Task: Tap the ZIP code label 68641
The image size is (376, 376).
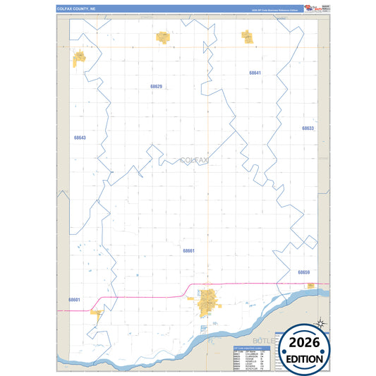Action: (x=255, y=73)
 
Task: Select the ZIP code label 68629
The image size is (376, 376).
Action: (x=157, y=87)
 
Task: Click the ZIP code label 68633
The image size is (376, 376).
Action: (x=308, y=128)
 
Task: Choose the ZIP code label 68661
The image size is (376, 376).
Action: (x=188, y=250)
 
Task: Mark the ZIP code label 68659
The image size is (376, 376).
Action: (x=304, y=272)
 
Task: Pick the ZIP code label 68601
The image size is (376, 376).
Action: (x=74, y=300)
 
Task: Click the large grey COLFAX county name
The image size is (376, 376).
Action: (x=195, y=161)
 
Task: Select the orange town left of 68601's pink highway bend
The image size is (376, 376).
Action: (x=97, y=315)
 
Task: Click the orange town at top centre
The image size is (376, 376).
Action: (x=164, y=37)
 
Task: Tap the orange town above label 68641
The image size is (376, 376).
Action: (x=248, y=36)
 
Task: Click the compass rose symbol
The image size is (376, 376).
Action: (x=320, y=323)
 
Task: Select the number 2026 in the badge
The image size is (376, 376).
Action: (x=305, y=343)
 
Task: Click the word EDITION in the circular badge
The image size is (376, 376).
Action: (x=305, y=358)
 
